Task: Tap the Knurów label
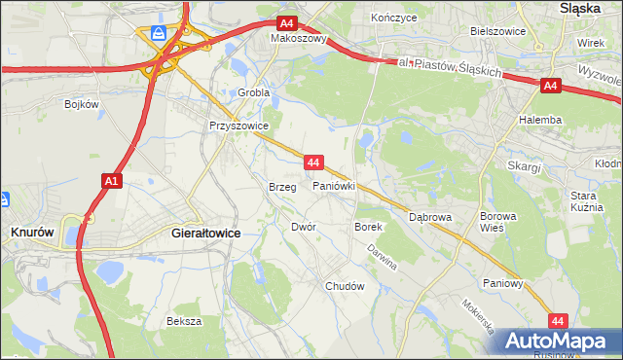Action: (32, 233)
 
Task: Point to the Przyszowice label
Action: (238, 126)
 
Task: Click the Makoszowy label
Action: (299, 40)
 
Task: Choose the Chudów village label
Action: (345, 286)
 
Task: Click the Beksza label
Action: (183, 321)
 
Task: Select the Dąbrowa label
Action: (430, 217)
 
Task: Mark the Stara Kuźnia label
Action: (589, 201)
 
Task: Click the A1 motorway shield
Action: (111, 180)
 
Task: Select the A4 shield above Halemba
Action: (550, 87)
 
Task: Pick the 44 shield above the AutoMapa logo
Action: (557, 319)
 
